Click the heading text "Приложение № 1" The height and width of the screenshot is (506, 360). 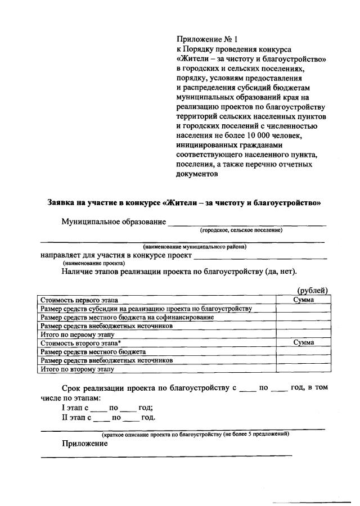(x=207, y=39)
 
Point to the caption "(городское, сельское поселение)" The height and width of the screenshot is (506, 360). (x=241, y=230)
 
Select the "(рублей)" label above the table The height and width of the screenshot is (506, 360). (x=312, y=290)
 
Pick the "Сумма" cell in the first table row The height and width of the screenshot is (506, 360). (x=303, y=300)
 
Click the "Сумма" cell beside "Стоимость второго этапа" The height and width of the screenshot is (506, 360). (x=303, y=342)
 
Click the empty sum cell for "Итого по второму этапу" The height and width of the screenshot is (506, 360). (x=303, y=369)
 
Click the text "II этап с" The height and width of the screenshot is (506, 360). (x=77, y=418)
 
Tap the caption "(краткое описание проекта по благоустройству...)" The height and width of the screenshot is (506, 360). (x=195, y=435)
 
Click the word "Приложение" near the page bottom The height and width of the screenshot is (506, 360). (x=84, y=444)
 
